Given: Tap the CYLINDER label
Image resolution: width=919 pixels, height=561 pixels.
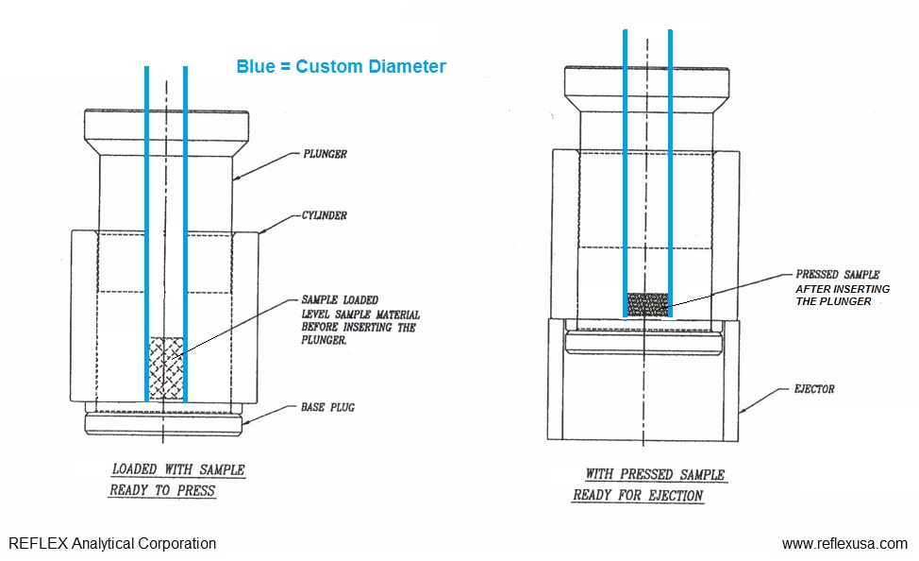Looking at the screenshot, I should [x=324, y=215].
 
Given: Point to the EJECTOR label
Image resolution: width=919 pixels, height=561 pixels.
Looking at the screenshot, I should [x=810, y=388].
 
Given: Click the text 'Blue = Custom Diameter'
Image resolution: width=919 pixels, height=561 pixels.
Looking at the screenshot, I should [x=341, y=66].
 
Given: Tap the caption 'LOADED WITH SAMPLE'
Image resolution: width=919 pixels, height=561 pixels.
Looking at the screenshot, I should [x=178, y=469].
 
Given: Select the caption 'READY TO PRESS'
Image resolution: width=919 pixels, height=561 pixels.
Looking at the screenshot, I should [x=162, y=490].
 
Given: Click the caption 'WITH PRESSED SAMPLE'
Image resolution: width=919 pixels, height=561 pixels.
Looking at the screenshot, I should [x=655, y=474].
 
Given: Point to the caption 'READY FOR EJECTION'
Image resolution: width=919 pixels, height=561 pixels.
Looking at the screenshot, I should [x=638, y=495].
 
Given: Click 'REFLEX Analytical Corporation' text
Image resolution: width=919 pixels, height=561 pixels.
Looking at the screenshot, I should [x=112, y=543].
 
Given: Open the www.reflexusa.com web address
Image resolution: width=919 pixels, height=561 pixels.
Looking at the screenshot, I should [x=844, y=543].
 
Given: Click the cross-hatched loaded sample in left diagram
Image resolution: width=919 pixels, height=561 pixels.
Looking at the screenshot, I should [x=166, y=367].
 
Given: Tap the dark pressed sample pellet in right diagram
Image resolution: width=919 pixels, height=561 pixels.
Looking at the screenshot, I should [x=647, y=304].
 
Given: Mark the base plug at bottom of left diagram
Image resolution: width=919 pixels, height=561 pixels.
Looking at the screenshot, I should [x=165, y=421].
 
